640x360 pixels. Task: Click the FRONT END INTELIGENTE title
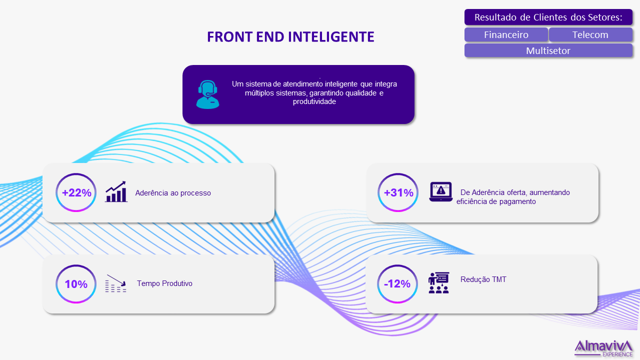point(290,36)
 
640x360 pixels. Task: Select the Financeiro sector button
point(506,34)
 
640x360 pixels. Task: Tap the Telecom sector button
point(590,34)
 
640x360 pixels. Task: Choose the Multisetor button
point(548,50)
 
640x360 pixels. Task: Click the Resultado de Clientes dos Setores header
point(548,17)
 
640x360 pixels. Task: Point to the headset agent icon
point(207,94)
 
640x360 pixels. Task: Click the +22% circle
point(76,173)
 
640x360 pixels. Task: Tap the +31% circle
point(397,173)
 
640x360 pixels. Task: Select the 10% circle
point(76,265)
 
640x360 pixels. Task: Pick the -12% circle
point(397,265)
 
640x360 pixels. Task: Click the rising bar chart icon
point(116,191)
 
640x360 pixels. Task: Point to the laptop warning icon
point(441,191)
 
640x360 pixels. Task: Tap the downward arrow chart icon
point(115,283)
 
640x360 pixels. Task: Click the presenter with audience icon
point(438,283)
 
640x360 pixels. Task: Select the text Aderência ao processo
point(173,193)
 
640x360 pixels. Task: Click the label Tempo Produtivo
point(164,283)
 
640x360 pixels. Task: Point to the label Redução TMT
point(483,279)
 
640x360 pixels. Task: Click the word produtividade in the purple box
point(314,101)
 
